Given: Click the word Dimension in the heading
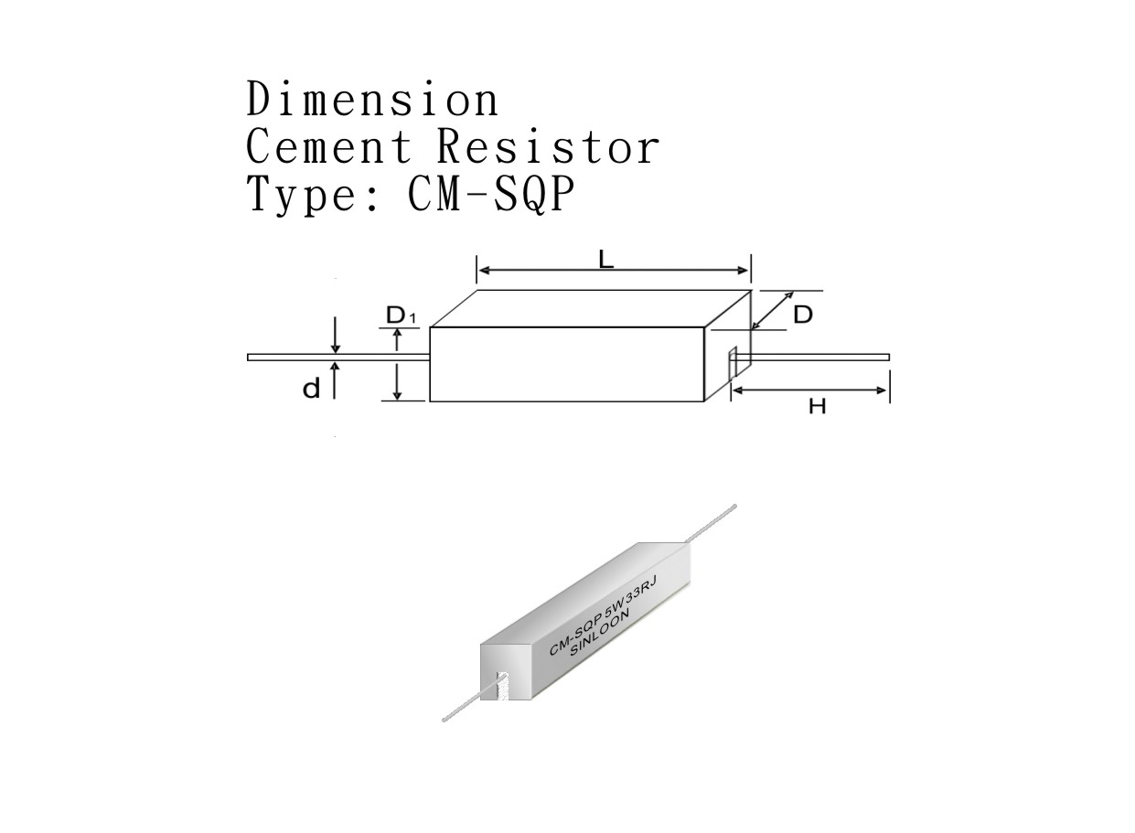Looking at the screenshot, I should (372, 100).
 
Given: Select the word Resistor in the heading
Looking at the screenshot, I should (547, 146).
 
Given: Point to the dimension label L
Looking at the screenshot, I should (605, 260).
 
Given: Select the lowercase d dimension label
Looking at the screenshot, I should (312, 389).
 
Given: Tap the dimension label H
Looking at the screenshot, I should (817, 405).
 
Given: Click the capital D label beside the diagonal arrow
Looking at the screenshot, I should (802, 315).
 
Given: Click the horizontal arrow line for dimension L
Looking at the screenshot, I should (549, 271).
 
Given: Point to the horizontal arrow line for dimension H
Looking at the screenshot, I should (810, 390).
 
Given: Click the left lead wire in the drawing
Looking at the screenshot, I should (338, 357).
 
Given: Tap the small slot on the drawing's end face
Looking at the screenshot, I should (732, 364).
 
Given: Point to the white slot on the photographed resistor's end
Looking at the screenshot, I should (500, 686).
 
